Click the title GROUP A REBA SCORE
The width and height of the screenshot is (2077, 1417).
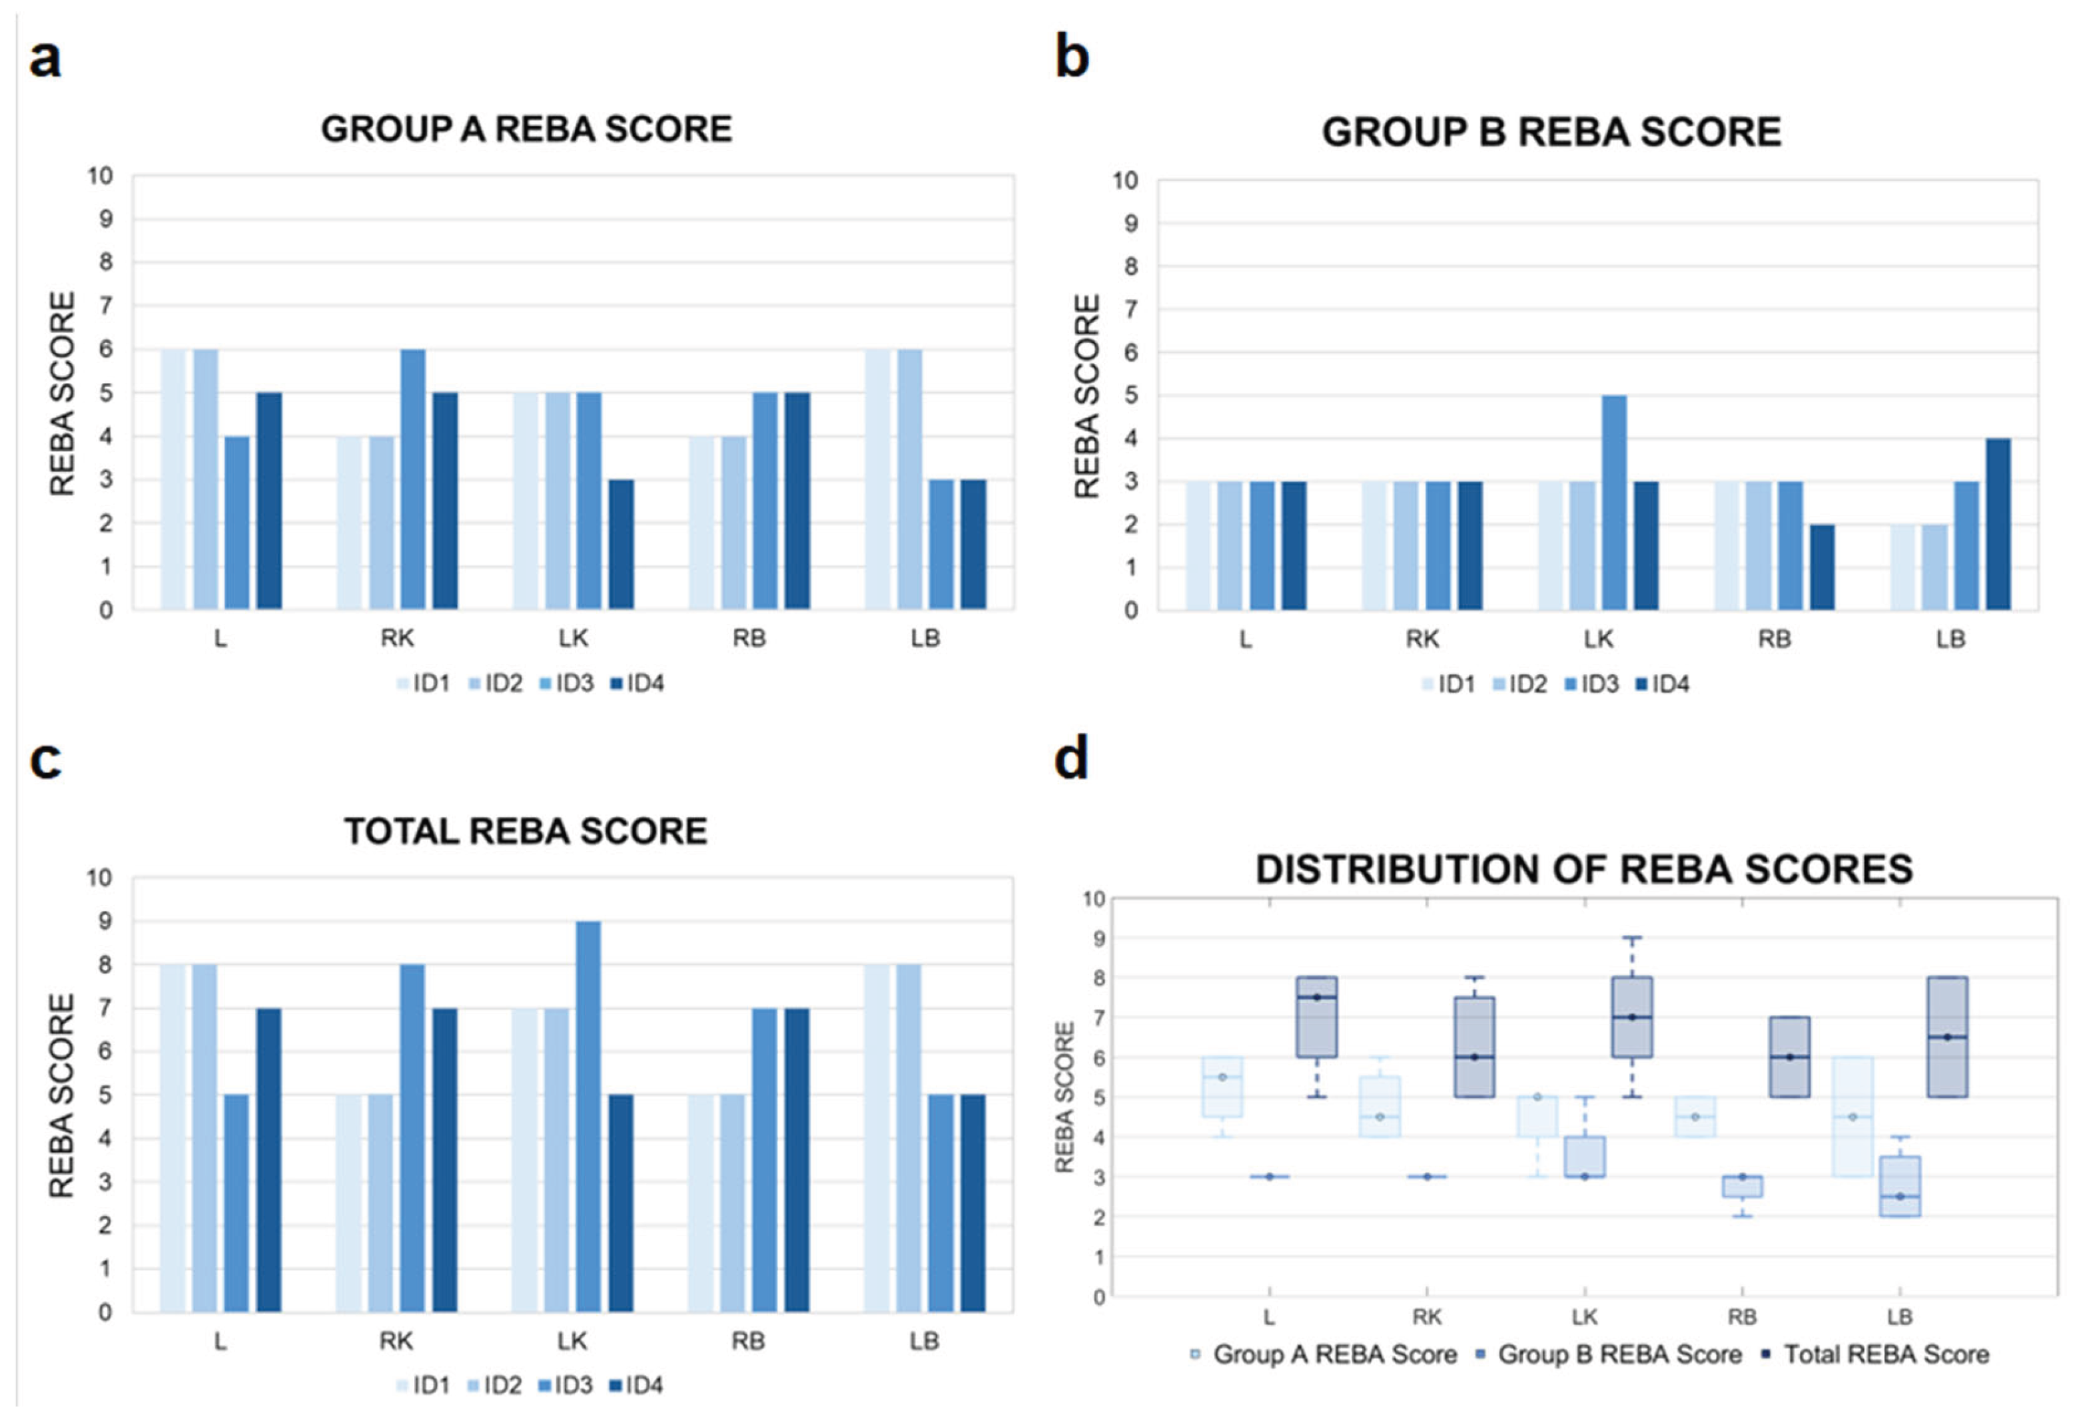[526, 130]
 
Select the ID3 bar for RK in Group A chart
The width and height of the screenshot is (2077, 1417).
[413, 480]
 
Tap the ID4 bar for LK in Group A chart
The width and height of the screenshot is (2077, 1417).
[621, 545]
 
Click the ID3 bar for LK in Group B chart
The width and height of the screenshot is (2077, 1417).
[1614, 502]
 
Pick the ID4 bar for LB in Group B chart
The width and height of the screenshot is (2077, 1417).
[1998, 525]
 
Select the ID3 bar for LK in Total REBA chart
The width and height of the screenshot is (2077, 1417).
[588, 1117]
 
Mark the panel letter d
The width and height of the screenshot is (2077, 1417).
[1072, 759]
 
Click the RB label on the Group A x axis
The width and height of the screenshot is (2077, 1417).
[749, 639]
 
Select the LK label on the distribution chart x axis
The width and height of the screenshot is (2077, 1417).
[1585, 1317]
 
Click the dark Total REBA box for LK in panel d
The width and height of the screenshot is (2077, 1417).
[1632, 1017]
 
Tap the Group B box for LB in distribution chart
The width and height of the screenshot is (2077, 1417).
[1900, 1187]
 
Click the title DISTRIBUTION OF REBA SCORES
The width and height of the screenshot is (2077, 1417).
[1583, 870]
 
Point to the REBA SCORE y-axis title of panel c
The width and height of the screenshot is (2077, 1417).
[61, 1096]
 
